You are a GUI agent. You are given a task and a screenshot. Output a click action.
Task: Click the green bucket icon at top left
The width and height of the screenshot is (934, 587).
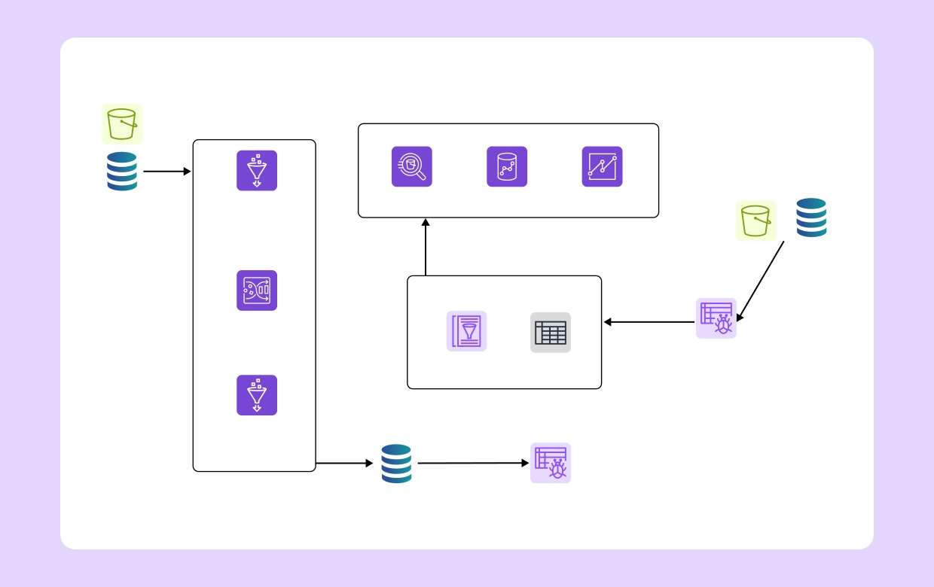(x=122, y=124)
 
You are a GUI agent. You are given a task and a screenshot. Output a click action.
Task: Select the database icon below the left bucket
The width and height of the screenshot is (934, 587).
(x=122, y=172)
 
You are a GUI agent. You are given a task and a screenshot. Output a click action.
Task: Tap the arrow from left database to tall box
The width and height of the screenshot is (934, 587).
(x=166, y=172)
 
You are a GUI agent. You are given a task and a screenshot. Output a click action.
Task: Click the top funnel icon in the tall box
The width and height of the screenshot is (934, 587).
(x=257, y=171)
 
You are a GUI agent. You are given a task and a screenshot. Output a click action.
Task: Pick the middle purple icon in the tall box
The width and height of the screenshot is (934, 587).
(x=257, y=290)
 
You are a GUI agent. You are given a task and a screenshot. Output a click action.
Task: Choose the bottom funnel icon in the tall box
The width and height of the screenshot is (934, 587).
(x=257, y=395)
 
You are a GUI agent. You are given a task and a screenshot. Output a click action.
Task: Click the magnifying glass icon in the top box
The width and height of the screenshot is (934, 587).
(x=412, y=166)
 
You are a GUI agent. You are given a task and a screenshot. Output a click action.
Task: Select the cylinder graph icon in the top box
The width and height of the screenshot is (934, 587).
(x=507, y=166)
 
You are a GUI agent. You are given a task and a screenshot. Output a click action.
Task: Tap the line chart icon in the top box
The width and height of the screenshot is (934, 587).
(x=602, y=166)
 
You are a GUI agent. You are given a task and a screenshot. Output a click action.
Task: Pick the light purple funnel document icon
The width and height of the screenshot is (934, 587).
(x=466, y=331)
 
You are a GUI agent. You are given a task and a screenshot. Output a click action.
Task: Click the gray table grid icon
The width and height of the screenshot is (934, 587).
(x=551, y=333)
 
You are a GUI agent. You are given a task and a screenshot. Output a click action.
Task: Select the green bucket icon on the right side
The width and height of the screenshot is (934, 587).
(x=755, y=221)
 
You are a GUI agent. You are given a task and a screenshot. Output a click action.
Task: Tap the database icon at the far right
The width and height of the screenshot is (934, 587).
(x=811, y=217)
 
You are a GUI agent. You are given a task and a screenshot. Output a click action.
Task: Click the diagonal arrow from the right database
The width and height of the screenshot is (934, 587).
(x=760, y=281)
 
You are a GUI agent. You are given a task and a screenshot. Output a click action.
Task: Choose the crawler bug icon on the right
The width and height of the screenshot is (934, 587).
(x=716, y=318)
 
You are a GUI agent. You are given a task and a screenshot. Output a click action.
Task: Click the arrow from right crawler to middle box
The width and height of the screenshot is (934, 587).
(x=649, y=322)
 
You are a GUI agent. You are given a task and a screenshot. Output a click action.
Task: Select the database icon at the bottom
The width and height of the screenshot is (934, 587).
(x=396, y=464)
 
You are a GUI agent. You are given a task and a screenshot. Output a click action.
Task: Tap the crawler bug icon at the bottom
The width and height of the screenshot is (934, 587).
(x=551, y=463)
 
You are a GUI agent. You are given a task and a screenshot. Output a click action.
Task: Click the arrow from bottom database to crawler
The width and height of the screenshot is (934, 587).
(x=473, y=464)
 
